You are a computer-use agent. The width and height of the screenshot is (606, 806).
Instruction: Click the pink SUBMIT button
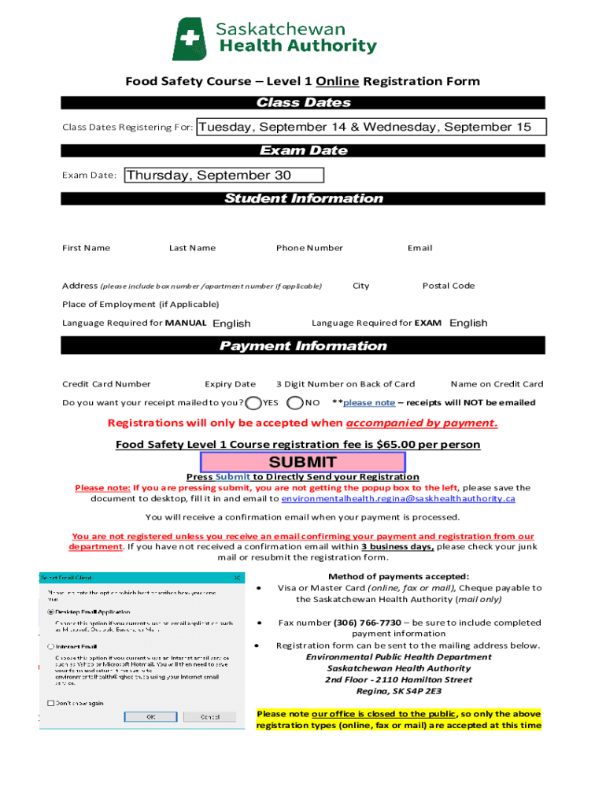[303, 462]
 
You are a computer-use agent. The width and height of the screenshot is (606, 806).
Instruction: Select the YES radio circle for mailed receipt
[253, 403]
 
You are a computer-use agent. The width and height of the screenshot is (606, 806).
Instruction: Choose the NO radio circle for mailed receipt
[295, 403]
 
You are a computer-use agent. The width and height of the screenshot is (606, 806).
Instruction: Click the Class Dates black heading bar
[303, 103]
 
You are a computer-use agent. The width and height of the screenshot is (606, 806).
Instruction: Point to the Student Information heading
[303, 198]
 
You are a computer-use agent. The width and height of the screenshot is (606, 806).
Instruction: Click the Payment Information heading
[303, 346]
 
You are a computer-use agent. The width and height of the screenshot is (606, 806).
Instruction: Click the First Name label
[86, 248]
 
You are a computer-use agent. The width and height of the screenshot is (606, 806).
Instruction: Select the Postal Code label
[448, 286]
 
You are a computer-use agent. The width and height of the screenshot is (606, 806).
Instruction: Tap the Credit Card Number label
[106, 384]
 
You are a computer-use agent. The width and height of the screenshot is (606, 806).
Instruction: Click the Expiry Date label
[230, 384]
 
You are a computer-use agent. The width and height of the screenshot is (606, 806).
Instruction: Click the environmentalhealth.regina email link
[397, 499]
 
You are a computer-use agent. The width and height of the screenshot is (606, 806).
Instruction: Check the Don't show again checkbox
[51, 703]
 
